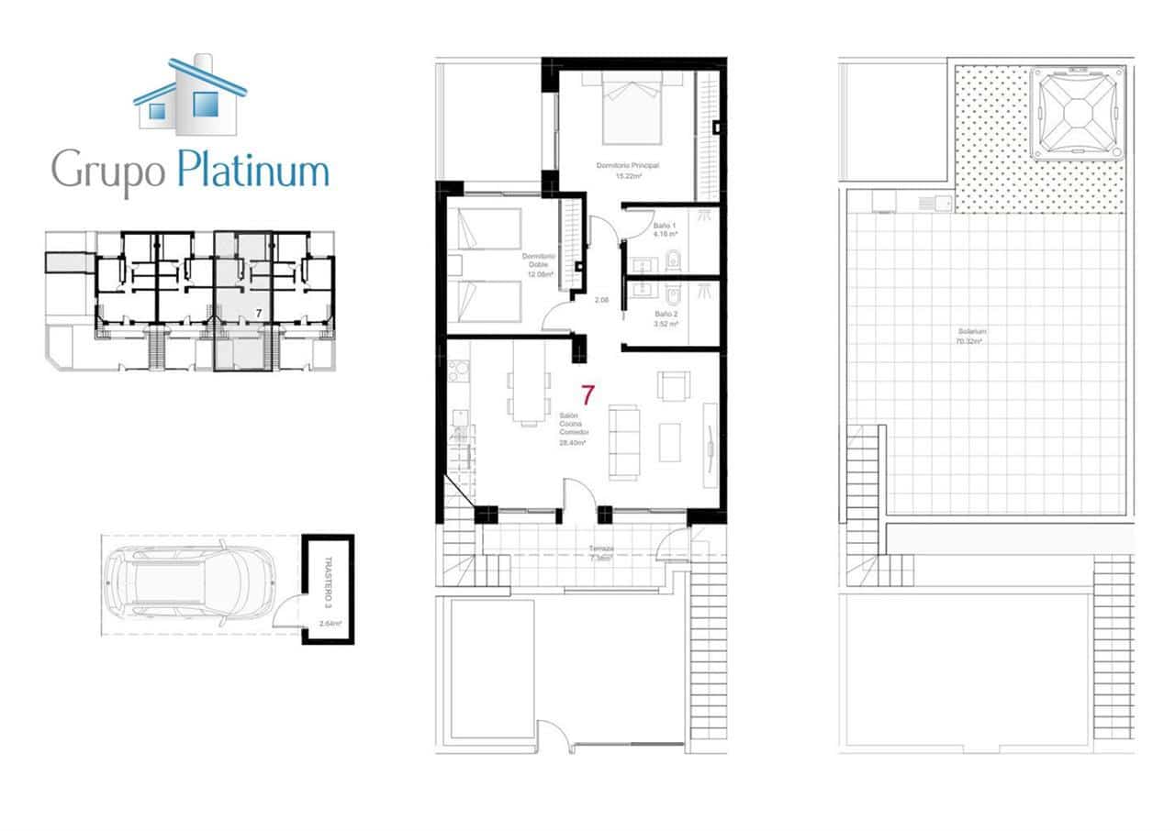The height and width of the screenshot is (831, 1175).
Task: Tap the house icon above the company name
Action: coord(190,96)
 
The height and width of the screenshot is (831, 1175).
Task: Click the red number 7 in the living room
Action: coord(587,396)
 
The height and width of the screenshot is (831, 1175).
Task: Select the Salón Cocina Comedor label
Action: coord(572,429)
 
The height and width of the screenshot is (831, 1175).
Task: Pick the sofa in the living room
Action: coord(626,442)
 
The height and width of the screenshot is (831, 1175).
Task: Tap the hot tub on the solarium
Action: coord(1077,113)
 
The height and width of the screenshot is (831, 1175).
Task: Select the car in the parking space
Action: coord(190,585)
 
